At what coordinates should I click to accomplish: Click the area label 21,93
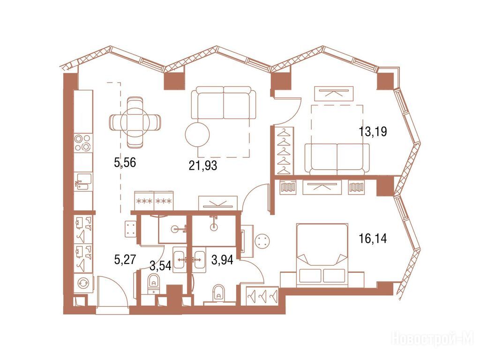[203, 165]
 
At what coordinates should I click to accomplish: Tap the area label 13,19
[373, 132]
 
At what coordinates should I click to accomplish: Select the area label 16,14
[373, 238]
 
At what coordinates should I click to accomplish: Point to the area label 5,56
[125, 163]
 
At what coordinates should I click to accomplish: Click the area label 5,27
[125, 260]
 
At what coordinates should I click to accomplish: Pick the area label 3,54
[160, 265]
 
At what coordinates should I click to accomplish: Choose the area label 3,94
[222, 260]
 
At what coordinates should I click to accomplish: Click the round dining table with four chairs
[135, 121]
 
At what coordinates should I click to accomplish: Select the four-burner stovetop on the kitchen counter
[83, 143]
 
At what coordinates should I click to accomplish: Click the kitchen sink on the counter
[83, 181]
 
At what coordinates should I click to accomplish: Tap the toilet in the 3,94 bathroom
[218, 293]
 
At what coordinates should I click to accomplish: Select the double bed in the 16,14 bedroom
[322, 255]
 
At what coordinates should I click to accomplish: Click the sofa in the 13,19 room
[337, 159]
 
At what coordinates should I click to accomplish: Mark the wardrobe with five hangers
[285, 150]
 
